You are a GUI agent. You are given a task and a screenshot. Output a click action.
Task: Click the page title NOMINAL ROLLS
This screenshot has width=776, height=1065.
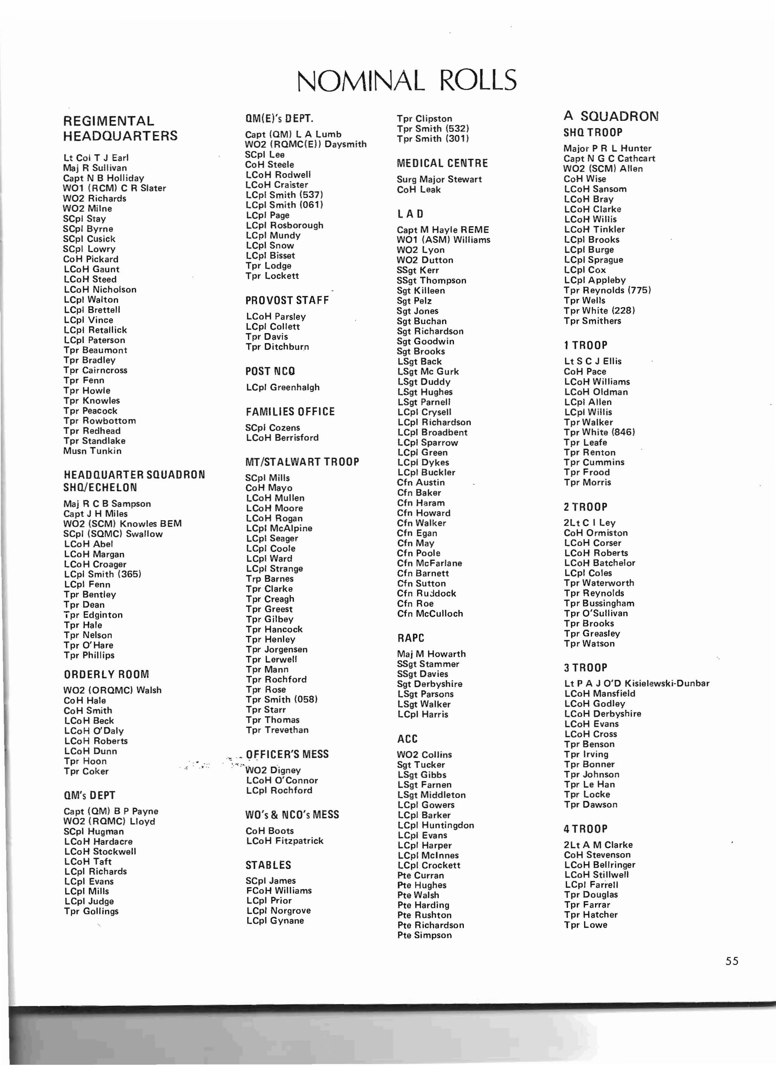[407, 80]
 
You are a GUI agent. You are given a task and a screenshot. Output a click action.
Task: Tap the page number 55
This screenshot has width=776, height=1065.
[732, 961]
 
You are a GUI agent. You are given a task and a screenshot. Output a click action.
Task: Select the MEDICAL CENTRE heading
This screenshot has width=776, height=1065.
[442, 164]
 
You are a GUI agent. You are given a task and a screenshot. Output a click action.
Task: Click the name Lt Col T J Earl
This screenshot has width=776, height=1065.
[96, 158]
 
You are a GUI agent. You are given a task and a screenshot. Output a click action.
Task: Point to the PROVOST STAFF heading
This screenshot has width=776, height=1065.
[287, 300]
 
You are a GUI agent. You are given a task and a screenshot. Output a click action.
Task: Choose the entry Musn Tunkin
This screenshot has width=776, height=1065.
[93, 451]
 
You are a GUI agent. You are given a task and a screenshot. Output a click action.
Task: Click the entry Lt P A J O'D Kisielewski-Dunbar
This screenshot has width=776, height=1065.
[636, 683]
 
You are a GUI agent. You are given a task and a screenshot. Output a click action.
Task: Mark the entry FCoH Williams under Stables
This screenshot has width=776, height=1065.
[278, 891]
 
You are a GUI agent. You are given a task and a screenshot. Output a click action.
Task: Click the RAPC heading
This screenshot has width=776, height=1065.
[410, 638]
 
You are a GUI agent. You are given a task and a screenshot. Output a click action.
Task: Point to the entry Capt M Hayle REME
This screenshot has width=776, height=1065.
[442, 230]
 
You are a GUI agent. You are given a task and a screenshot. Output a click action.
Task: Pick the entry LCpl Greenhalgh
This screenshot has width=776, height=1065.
[283, 388]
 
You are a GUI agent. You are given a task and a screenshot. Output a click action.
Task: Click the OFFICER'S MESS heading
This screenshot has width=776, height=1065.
[287, 754]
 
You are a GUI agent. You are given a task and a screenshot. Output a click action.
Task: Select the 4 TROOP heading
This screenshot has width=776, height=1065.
[585, 829]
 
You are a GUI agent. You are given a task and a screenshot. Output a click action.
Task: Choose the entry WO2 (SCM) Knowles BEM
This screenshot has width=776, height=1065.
[122, 524]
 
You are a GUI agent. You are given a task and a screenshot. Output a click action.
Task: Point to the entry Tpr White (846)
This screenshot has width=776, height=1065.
[599, 432]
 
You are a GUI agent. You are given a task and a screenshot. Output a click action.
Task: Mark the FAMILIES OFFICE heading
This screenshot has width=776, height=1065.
[290, 412]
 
